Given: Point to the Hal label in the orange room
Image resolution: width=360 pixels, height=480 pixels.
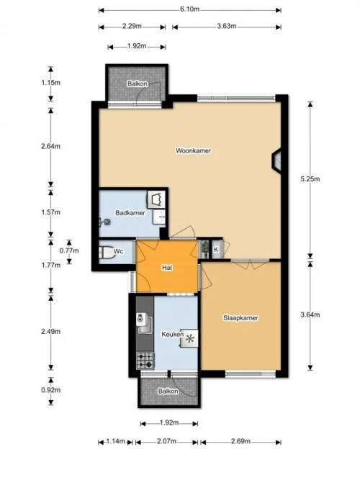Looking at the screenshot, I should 167,268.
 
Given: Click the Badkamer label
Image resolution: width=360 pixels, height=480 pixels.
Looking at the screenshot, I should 130,213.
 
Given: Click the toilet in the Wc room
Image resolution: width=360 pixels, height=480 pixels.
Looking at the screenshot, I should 105,252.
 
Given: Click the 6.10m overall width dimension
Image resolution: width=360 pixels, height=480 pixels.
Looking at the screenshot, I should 189,10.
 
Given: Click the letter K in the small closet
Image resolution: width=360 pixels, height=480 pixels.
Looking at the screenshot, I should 216,250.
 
